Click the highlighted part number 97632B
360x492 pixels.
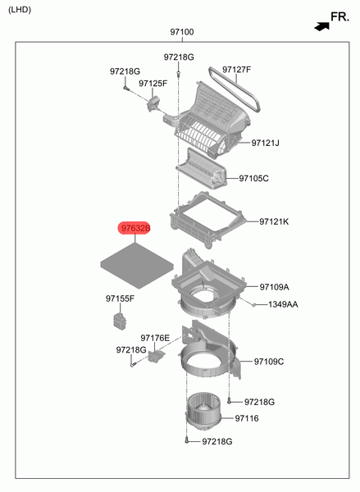pyautogui.click(x=134, y=228)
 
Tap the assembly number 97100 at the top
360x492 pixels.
pyautogui.click(x=182, y=32)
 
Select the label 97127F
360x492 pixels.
pyautogui.click(x=237, y=70)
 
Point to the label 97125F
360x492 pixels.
pyautogui.click(x=153, y=83)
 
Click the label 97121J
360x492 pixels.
pyautogui.click(x=265, y=143)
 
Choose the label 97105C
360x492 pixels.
pyautogui.click(x=253, y=178)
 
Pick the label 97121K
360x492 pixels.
pyautogui.click(x=274, y=221)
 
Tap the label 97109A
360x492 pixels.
pyautogui.click(x=275, y=287)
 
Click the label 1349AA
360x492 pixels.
pyautogui.click(x=283, y=304)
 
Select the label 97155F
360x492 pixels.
pyautogui.click(x=120, y=298)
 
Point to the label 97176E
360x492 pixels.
pyautogui.click(x=155, y=338)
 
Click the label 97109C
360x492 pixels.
pyautogui.click(x=269, y=362)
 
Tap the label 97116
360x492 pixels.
pyautogui.click(x=247, y=418)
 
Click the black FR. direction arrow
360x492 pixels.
pyautogui.click(x=322, y=27)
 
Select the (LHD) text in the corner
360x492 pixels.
pyautogui.click(x=20, y=10)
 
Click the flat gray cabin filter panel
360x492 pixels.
pyautogui.click(x=137, y=266)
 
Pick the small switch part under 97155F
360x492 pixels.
pyautogui.click(x=120, y=321)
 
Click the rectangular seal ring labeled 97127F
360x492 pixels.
pyautogui.click(x=235, y=89)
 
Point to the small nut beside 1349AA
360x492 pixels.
pyautogui.click(x=254, y=304)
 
